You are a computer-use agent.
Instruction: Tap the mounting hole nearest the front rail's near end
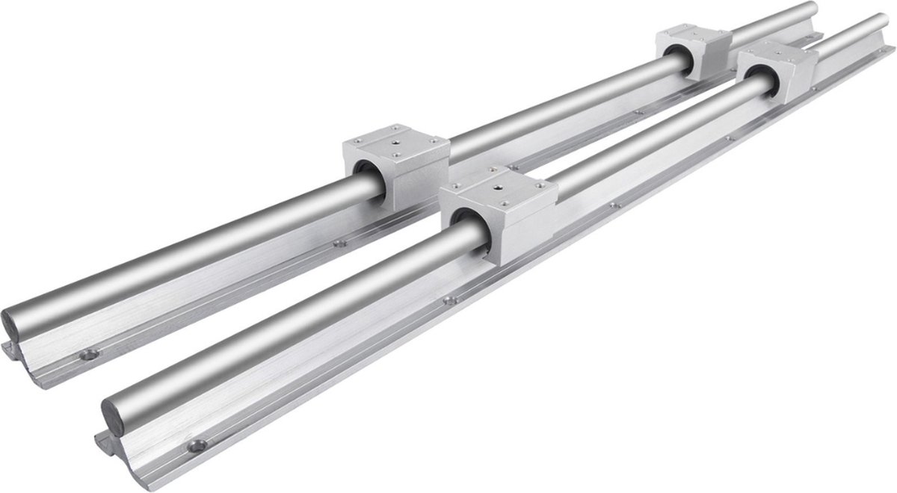[198, 446]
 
